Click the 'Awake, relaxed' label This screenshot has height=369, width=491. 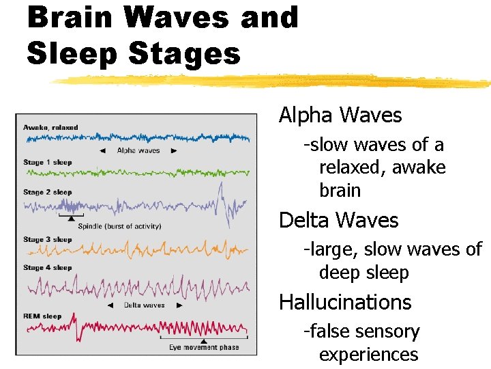[x=50, y=127]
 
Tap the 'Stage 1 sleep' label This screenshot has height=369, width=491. [x=47, y=162]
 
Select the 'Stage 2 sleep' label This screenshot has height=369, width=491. [x=47, y=192]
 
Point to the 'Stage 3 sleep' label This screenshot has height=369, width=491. [x=47, y=239]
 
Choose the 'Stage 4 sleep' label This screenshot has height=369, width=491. [x=47, y=268]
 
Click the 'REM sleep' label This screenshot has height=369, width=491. [x=42, y=316]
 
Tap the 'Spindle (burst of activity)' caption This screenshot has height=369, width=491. [x=119, y=226]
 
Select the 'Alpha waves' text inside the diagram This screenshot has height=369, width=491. [x=138, y=150]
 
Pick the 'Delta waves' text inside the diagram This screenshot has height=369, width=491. [x=145, y=305]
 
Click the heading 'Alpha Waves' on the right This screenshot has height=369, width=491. [x=340, y=115]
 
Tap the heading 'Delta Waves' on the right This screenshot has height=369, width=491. [x=338, y=221]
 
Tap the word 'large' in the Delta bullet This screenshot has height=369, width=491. [x=333, y=250]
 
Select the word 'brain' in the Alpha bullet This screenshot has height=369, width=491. [x=340, y=190]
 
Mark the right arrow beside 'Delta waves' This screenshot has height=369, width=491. [x=179, y=305]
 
